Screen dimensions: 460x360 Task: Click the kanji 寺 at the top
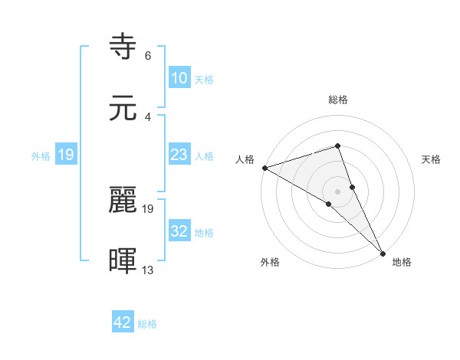[124, 47]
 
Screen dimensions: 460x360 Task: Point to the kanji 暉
[124, 261]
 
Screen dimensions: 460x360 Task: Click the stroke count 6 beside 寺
[148, 56]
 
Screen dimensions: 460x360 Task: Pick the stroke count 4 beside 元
[148, 116]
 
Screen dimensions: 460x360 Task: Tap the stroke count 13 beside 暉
[148, 270]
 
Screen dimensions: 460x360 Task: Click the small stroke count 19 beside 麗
[148, 208]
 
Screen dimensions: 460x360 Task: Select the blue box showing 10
[179, 77]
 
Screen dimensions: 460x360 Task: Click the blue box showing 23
[179, 155]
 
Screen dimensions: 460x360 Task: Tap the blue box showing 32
[179, 231]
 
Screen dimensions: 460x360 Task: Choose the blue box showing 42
[123, 322]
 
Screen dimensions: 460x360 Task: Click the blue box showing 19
[66, 155]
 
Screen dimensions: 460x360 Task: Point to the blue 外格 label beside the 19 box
[41, 155]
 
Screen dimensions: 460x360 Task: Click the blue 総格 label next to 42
[147, 324]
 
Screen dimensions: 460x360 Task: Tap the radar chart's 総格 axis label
[337, 100]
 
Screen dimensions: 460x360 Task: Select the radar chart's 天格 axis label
[432, 159]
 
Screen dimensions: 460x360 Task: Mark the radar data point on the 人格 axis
[264, 167]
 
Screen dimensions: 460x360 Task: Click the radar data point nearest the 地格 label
[383, 253]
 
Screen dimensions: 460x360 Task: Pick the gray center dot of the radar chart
[337, 191]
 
